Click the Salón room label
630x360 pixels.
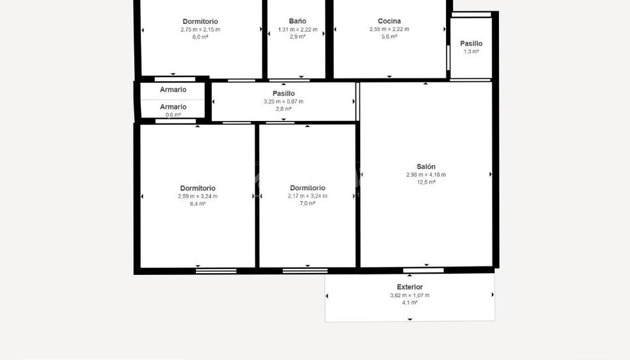[x=426, y=166]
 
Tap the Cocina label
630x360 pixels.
[x=389, y=21]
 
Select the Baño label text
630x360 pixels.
[x=297, y=21]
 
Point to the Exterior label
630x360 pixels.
[x=410, y=287]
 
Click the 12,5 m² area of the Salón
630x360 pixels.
[x=426, y=182]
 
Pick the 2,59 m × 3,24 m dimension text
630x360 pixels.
[x=197, y=196]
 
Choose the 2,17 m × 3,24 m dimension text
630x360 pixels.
[x=308, y=196]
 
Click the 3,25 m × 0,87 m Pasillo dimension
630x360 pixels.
[x=284, y=101]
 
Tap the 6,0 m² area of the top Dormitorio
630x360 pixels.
[x=200, y=37]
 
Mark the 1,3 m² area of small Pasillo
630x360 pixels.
[x=471, y=51]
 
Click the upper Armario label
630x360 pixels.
[x=173, y=90]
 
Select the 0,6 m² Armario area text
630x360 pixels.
[x=173, y=115]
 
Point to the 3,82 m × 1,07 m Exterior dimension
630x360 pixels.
[x=410, y=296]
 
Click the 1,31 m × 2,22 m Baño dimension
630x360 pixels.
[x=298, y=29]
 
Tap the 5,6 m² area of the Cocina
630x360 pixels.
[x=389, y=37]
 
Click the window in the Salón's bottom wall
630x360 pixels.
[x=423, y=270]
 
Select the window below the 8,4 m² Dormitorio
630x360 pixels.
[x=216, y=271]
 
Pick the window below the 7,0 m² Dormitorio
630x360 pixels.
[x=305, y=271]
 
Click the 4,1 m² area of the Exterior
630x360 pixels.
[x=410, y=302]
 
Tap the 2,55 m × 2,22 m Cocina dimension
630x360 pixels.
[x=389, y=29]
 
